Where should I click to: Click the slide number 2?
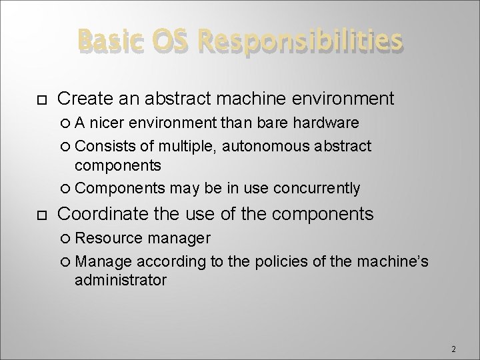(453, 349)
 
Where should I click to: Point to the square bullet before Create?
(39, 100)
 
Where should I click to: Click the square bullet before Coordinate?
(39, 215)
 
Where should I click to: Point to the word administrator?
(121, 280)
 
